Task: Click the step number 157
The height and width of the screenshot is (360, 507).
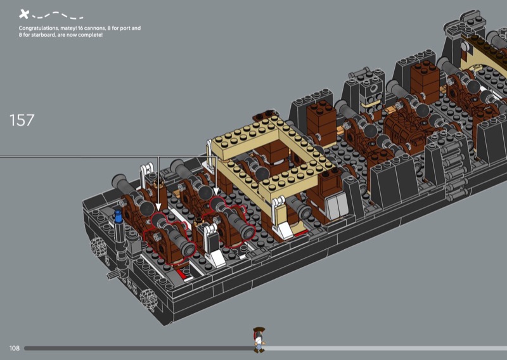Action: pos(22,120)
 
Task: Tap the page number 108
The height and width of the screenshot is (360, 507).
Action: pos(14,348)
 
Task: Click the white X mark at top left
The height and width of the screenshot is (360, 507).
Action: pos(23,14)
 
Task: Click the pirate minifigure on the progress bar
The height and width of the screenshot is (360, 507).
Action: pos(259,340)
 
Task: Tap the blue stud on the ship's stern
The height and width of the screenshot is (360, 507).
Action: pos(119,216)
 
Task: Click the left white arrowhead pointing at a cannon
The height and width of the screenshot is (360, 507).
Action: pos(158,207)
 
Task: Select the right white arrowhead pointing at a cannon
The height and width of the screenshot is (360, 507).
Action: pos(216,192)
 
